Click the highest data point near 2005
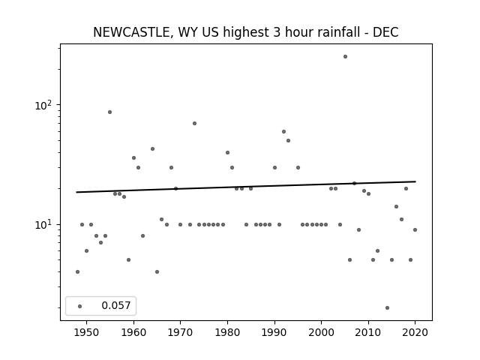coord(345,57)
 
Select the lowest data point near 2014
coord(387,308)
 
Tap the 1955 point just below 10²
coord(110,112)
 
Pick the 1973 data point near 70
coord(194,123)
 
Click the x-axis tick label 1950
coord(87,332)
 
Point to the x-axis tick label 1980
coord(227,332)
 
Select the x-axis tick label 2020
coord(415,332)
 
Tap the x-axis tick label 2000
coord(321,332)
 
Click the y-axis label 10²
coord(43,105)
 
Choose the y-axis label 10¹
coord(43,224)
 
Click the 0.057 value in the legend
coord(116,305)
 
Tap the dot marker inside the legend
coord(80,306)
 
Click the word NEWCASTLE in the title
coord(131,32)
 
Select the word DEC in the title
coord(385,32)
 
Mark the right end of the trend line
coord(415,181)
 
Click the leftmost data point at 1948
coord(77,271)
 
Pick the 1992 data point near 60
coord(283,132)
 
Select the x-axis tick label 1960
coord(133,332)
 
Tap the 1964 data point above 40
coord(152,149)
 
